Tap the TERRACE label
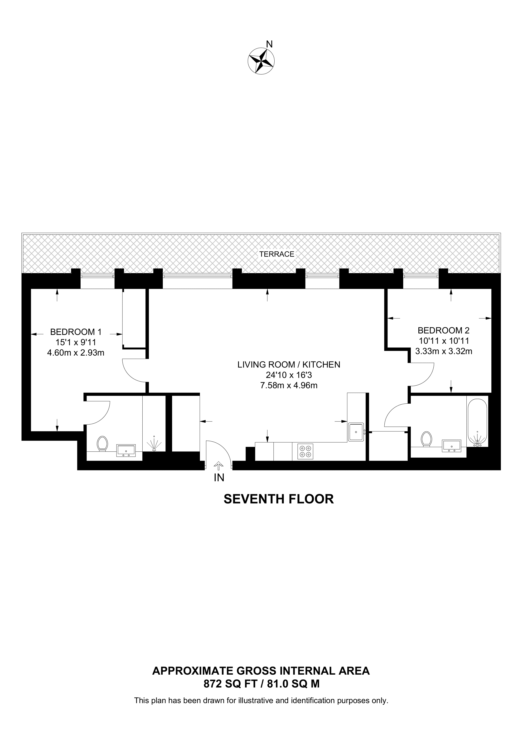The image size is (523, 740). pyautogui.click(x=277, y=254)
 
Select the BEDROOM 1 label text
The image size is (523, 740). pyautogui.click(x=76, y=332)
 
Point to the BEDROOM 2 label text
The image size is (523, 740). pyautogui.click(x=443, y=330)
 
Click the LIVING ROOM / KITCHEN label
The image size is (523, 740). pyautogui.click(x=289, y=364)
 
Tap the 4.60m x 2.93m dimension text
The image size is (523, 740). pyautogui.click(x=76, y=353)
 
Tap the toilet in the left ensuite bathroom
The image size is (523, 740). pyautogui.click(x=102, y=444)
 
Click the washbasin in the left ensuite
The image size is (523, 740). pyautogui.click(x=126, y=450)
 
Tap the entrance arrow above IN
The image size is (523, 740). pyautogui.click(x=219, y=466)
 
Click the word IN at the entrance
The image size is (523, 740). pyautogui.click(x=219, y=478)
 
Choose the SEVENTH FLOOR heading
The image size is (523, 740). pyautogui.click(x=278, y=499)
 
